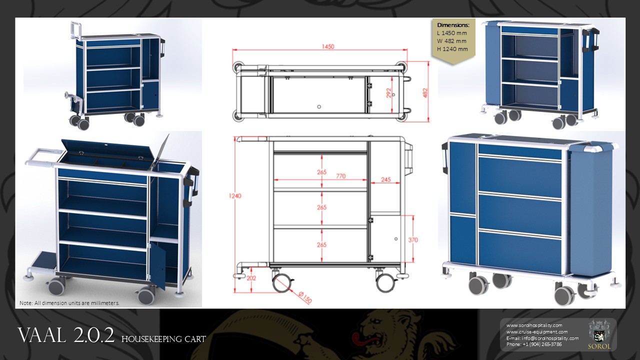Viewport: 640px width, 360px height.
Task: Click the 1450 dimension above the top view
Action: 327,46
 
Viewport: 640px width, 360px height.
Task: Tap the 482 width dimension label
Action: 425,93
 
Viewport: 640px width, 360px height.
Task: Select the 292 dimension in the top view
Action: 389,92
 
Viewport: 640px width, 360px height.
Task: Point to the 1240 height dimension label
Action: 235,195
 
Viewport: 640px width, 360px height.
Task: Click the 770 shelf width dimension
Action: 341,176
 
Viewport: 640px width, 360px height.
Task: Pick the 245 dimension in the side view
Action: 385,179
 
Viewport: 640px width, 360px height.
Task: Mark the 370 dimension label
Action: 413,240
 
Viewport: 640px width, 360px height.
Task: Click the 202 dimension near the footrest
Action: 251,277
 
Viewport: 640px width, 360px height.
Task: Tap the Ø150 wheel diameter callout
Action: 305,297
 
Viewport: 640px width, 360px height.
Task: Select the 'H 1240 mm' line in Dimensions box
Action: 452,49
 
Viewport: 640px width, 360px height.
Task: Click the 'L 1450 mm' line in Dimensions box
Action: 451,33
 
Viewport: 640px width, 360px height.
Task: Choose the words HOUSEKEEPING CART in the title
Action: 163,339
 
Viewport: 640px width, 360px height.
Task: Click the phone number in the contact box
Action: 534,344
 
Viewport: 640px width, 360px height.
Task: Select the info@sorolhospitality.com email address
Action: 550,338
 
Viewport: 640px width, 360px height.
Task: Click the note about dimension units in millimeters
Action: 69,303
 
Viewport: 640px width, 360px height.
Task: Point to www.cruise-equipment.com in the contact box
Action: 537,331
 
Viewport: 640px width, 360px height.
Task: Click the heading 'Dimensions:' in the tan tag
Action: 453,25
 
